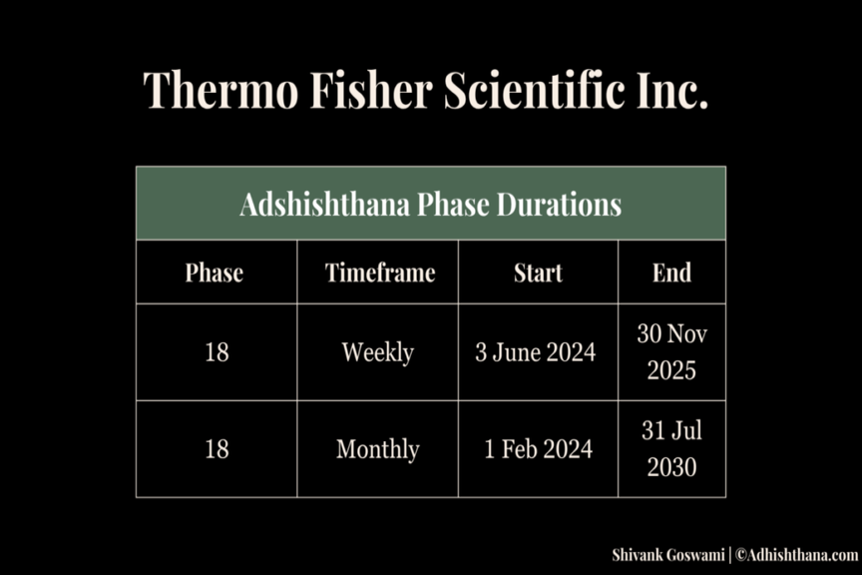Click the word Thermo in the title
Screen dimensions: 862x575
[220, 89]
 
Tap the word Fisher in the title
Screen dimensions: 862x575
[371, 89]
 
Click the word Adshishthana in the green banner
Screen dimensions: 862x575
[325, 204]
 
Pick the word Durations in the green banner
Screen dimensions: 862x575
[559, 204]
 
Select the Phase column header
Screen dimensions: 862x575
[214, 273]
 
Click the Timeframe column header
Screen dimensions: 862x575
[380, 273]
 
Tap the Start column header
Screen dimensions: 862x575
[538, 273]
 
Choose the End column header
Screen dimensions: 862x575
[671, 273]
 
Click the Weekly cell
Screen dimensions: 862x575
[378, 352]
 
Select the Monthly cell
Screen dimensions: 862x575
[378, 449]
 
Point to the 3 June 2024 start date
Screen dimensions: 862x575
[536, 352]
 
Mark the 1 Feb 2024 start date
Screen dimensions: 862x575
[538, 449]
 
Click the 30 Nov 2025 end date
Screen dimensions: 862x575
[671, 352]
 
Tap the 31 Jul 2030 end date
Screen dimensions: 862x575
[671, 449]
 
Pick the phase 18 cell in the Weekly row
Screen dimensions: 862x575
[216, 352]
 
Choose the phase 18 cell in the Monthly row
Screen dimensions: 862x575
[216, 449]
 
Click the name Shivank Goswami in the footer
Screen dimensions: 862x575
[667, 555]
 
